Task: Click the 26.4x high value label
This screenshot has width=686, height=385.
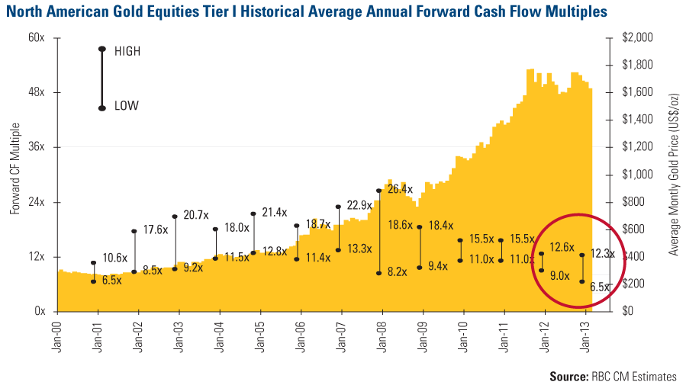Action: point(401,189)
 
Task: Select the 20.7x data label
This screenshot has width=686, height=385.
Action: point(196,217)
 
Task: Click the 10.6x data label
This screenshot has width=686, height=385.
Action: point(114,256)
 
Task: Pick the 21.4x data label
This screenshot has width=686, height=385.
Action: point(275,212)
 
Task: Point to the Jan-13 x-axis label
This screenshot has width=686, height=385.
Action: point(584,335)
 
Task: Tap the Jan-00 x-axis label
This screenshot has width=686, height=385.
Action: point(57,335)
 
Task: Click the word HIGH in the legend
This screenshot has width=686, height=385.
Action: point(127,51)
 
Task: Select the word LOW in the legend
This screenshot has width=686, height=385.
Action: point(127,106)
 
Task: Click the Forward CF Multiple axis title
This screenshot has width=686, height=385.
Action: point(15,169)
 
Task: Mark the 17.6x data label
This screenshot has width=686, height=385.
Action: point(155,229)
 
